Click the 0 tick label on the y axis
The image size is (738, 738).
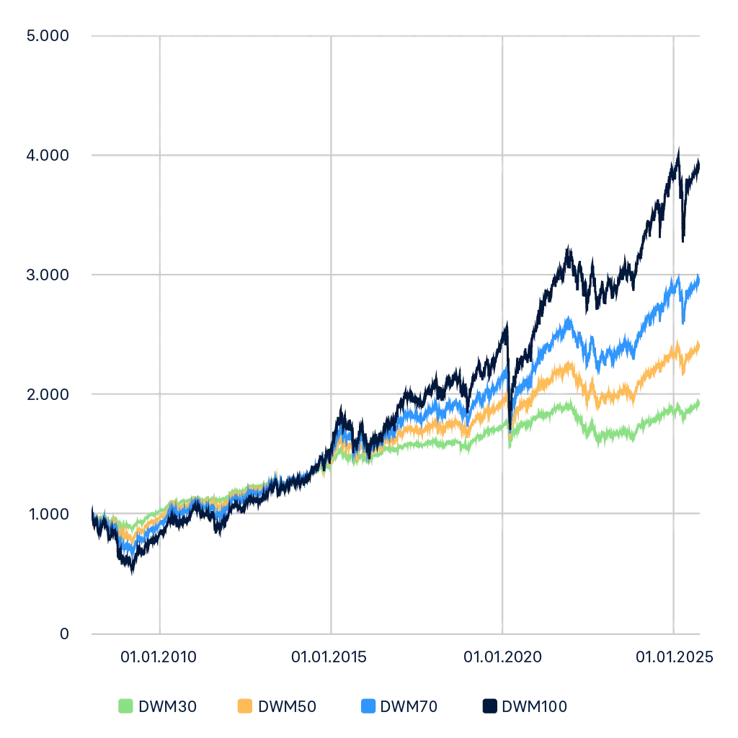63,632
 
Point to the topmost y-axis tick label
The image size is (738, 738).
46,37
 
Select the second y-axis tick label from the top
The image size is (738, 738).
46,154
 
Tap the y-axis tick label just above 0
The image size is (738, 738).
46,515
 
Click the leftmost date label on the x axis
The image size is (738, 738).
158,655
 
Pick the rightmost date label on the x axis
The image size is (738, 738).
674,655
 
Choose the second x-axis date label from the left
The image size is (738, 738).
329,655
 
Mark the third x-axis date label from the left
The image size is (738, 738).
502,655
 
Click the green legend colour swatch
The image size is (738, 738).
125,706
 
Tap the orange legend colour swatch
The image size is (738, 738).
245,706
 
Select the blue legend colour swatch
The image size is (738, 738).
367,706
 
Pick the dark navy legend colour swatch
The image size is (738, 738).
487,706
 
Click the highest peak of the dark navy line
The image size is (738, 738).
677,148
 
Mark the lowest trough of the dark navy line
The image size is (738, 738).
131,573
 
